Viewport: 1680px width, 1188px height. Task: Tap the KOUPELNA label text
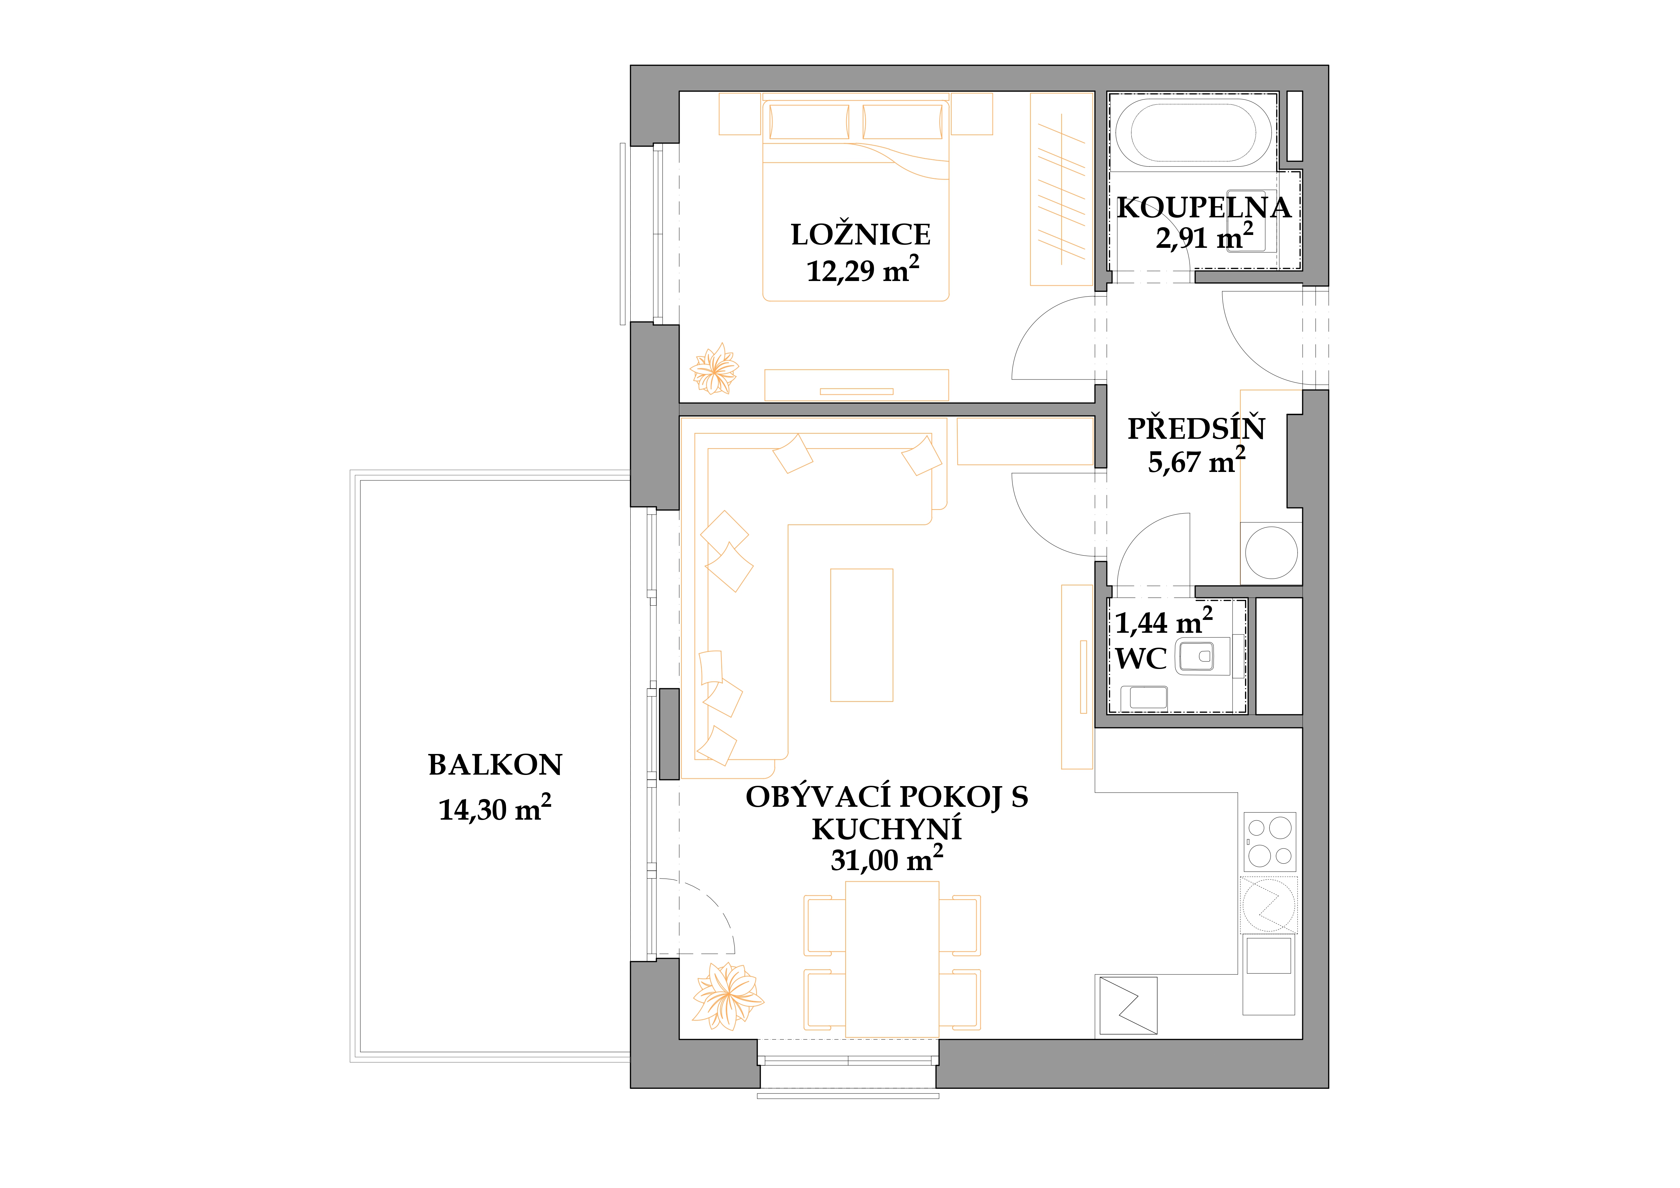pyautogui.click(x=1204, y=208)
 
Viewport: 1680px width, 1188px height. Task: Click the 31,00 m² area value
pyautogui.click(x=887, y=859)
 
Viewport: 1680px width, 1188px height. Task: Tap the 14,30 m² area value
pyautogui.click(x=495, y=808)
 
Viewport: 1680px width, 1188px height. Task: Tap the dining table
pyautogui.click(x=892, y=959)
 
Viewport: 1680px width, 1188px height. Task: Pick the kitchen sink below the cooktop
pyautogui.click(x=1269, y=955)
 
